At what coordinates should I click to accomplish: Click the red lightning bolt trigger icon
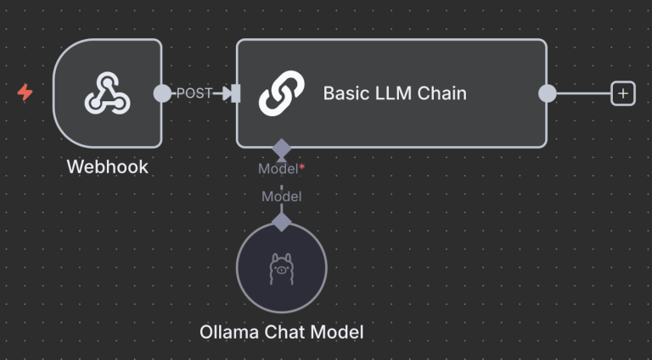pyautogui.click(x=25, y=93)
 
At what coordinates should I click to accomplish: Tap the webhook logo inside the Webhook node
pyautogui.click(x=107, y=93)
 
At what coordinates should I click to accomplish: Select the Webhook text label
pyautogui.click(x=107, y=166)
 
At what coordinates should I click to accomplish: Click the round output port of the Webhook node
pyautogui.click(x=161, y=93)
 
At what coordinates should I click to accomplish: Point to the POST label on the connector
pyautogui.click(x=194, y=93)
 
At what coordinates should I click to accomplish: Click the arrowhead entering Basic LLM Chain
pyautogui.click(x=226, y=93)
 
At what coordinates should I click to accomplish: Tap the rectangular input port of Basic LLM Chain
pyautogui.click(x=236, y=93)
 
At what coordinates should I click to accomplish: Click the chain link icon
pyautogui.click(x=281, y=93)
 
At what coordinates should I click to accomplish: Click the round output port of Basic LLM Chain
pyautogui.click(x=548, y=93)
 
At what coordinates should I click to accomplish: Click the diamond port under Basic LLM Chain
pyautogui.click(x=281, y=149)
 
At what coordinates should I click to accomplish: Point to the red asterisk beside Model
pyautogui.click(x=301, y=168)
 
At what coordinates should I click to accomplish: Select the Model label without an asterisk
pyautogui.click(x=281, y=196)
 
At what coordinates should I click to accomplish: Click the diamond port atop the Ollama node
pyautogui.click(x=281, y=222)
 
